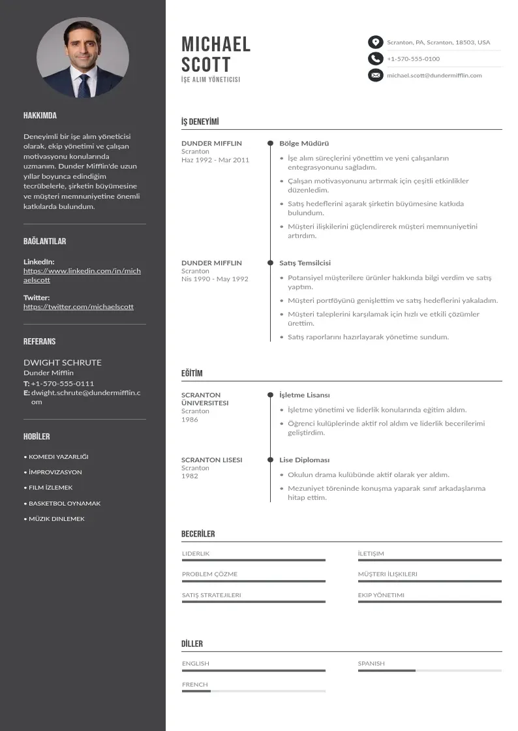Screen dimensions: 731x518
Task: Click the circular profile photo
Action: tap(83, 57)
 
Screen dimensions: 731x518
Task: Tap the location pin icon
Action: tap(375, 42)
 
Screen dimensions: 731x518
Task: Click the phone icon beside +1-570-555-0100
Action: tap(375, 59)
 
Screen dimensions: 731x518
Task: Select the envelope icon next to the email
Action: tap(375, 76)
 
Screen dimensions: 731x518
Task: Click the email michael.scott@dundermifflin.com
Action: tap(434, 76)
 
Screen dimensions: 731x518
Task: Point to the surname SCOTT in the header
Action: tap(206, 65)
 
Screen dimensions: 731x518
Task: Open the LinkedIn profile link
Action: tap(82, 275)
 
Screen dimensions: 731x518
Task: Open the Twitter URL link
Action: tap(78, 307)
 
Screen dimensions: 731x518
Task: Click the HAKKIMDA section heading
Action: tap(40, 116)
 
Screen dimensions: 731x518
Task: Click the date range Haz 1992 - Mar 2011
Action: tap(215, 160)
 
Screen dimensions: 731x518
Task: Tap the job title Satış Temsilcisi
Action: tap(305, 263)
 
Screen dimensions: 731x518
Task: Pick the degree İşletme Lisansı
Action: tap(305, 396)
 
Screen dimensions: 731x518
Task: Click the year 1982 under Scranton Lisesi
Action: tap(190, 476)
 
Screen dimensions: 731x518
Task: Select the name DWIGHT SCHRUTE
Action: tap(63, 363)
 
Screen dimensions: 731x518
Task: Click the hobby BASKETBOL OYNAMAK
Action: tap(65, 504)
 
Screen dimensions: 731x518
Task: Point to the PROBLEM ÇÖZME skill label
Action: tap(209, 574)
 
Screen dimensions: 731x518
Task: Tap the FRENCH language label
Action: tap(195, 685)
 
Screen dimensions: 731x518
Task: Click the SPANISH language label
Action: tap(371, 664)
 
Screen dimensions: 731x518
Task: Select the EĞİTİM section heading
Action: tap(192, 373)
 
